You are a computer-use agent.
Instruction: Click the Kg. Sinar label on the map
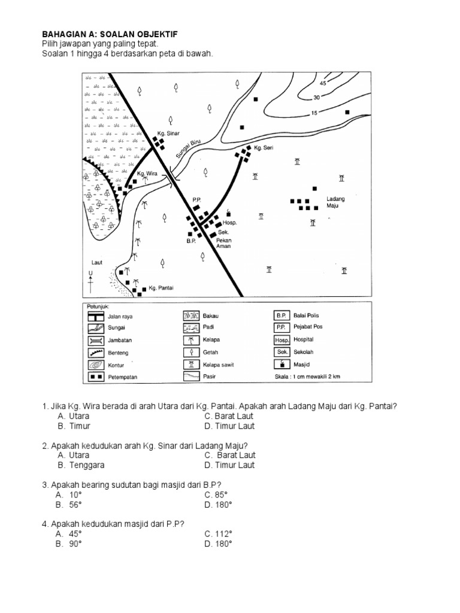(x=168, y=133)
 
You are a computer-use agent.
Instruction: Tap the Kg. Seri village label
(x=264, y=148)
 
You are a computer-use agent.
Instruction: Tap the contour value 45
(x=323, y=83)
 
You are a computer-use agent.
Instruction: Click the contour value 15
(x=313, y=113)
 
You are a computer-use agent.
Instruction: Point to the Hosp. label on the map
(x=231, y=223)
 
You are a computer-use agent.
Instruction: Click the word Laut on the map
(x=97, y=262)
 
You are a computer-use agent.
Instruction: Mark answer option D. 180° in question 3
(x=218, y=505)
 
